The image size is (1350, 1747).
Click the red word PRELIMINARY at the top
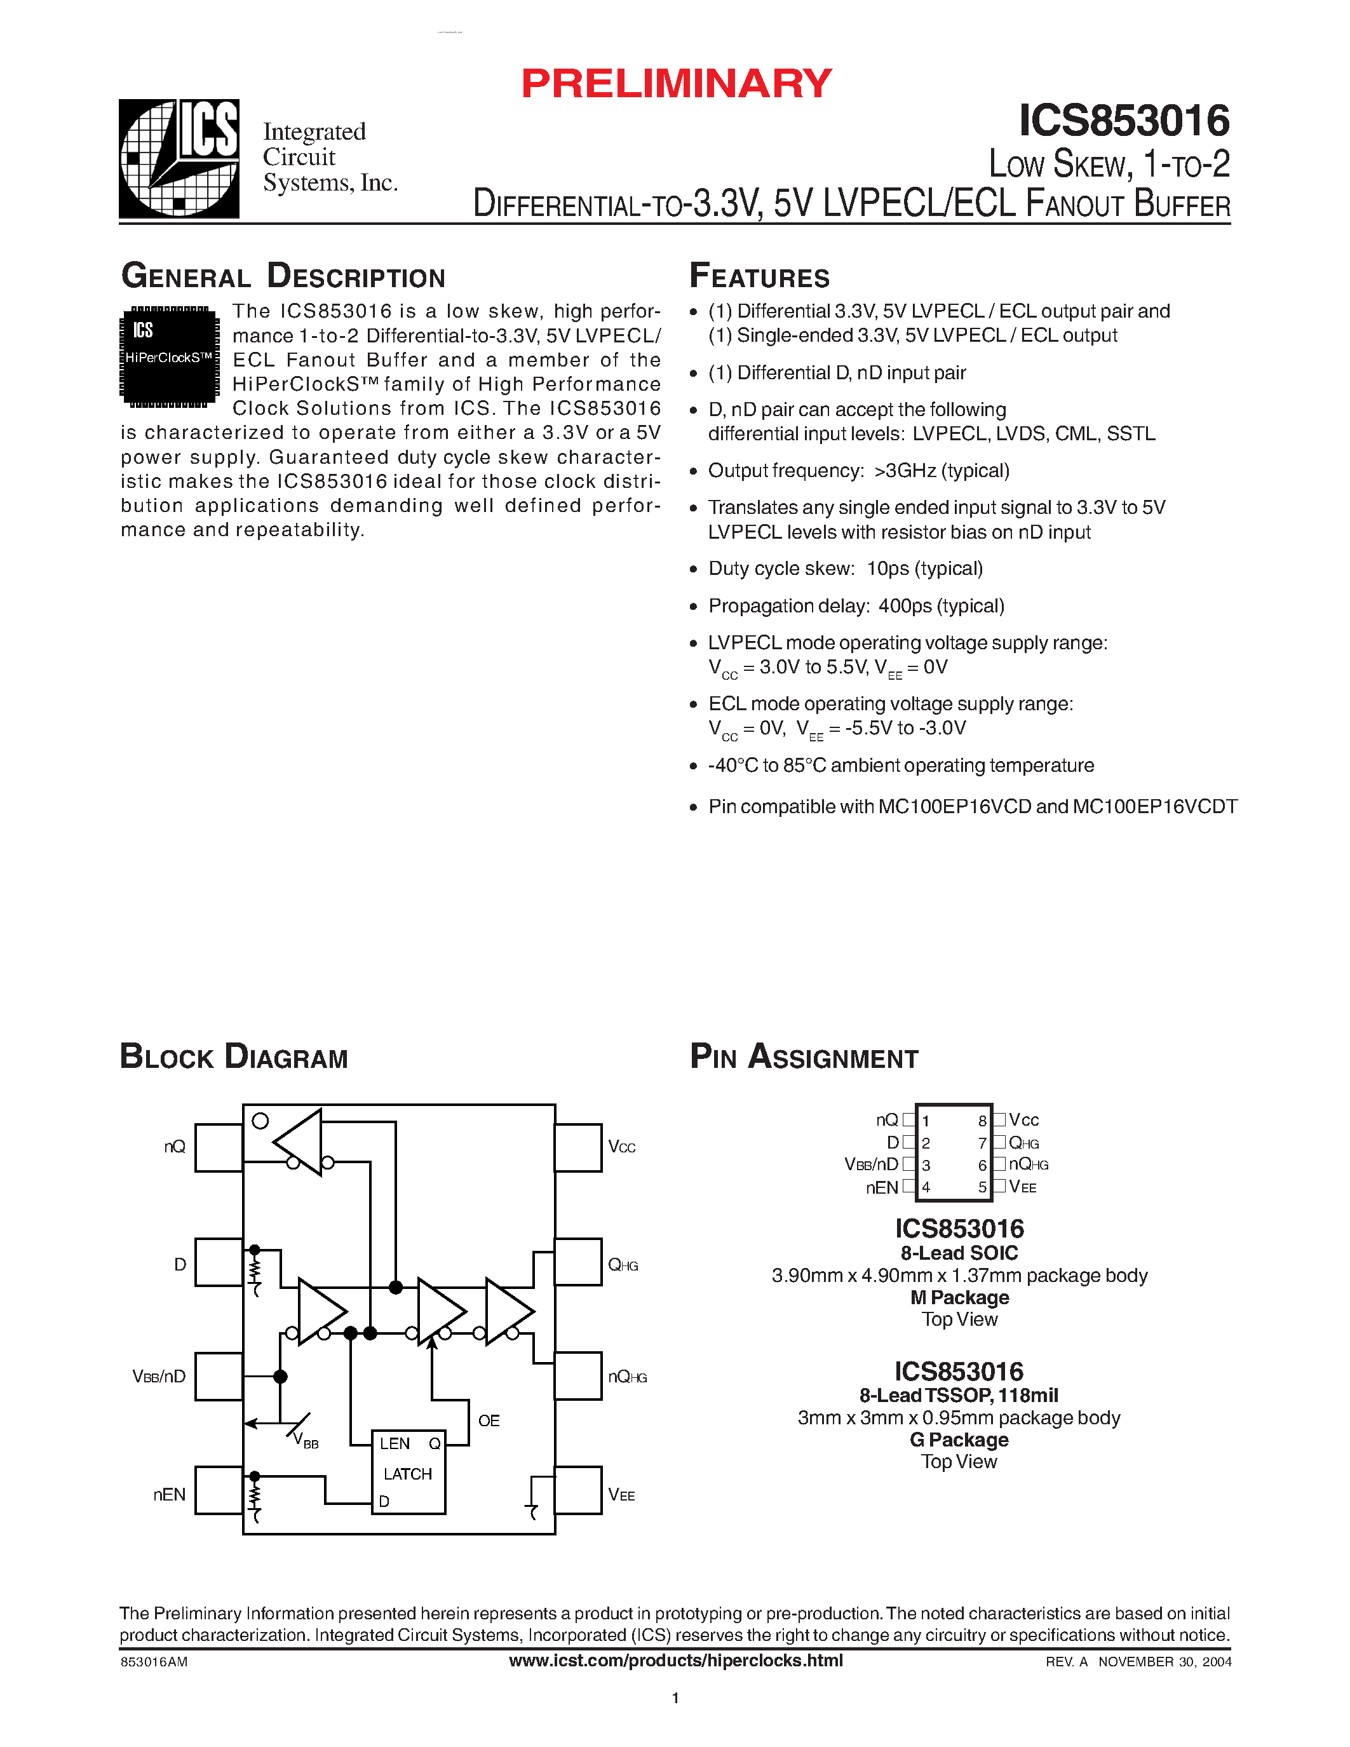point(676,84)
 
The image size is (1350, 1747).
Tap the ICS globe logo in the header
point(179,158)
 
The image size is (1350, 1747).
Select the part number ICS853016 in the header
point(1124,121)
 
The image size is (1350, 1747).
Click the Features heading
point(759,276)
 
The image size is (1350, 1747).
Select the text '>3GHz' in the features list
point(905,470)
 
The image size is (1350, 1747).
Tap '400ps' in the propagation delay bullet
point(905,605)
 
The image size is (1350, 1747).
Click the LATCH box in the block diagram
point(408,1473)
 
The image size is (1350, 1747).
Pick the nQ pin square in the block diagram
point(219,1147)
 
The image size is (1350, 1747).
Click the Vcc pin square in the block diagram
point(577,1147)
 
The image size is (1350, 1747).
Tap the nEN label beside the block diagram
point(169,1494)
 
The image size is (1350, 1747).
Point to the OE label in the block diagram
point(488,1420)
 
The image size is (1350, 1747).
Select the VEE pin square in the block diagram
point(577,1490)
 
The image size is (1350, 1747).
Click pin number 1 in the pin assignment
point(926,1121)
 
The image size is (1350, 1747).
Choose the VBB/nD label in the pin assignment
point(871,1164)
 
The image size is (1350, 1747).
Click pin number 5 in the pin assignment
point(982,1187)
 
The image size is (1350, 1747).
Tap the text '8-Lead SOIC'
point(959,1253)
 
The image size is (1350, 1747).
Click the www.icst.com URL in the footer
point(676,1661)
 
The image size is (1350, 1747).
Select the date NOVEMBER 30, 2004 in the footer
point(1164,1661)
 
